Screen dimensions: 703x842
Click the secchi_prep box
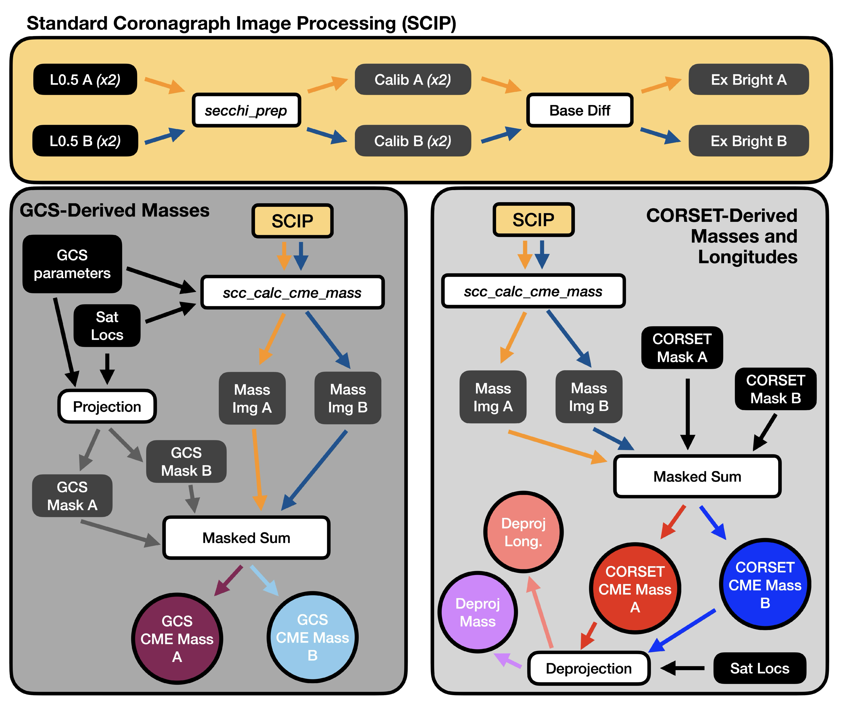(246, 110)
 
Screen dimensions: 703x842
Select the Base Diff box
(580, 110)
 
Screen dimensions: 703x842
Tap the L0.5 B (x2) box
(85, 141)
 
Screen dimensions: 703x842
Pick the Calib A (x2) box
(413, 80)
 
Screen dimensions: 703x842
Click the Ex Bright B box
(749, 141)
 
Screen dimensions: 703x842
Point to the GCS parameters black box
(72, 264)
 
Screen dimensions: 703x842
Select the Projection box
(107, 406)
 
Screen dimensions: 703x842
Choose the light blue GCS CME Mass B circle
(312, 637)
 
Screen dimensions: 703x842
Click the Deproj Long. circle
(523, 532)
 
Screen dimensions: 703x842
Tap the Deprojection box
(589, 668)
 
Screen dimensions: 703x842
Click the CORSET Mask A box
(682, 347)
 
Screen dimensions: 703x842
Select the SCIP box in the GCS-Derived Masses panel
(292, 221)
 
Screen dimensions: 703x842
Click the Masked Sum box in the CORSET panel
(697, 476)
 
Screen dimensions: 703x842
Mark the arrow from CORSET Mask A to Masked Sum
(688, 413)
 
